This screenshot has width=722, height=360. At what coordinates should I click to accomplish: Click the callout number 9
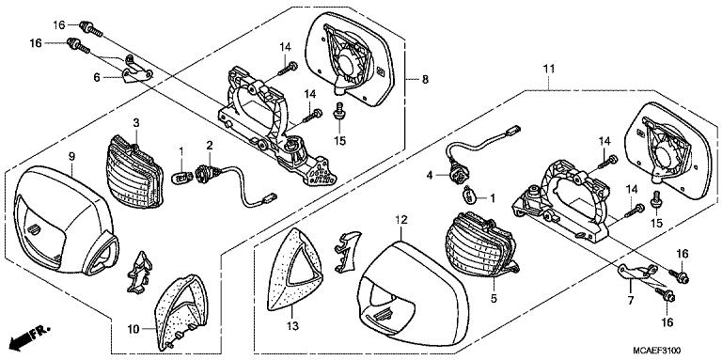coord(71,155)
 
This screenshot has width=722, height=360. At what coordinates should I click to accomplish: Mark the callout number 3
coord(135,123)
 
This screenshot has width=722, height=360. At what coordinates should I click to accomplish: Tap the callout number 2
coord(210,145)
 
